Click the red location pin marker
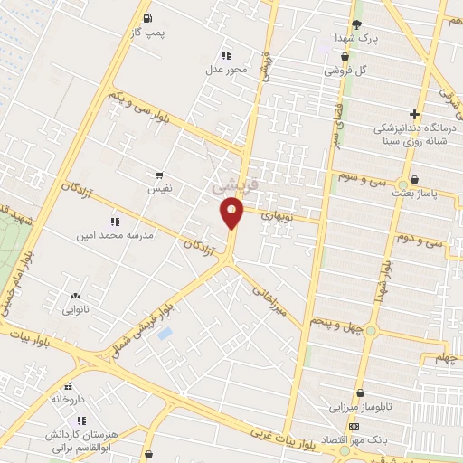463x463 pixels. pyautogui.click(x=232, y=213)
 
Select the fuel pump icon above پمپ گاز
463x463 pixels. pyautogui.click(x=148, y=17)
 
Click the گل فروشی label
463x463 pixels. pyautogui.click(x=349, y=70)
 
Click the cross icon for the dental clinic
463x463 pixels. pyautogui.click(x=414, y=114)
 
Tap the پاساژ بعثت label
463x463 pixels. pyautogui.click(x=414, y=193)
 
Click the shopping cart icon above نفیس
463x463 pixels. pyautogui.click(x=160, y=175)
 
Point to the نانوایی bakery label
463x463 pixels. pyautogui.click(x=74, y=309)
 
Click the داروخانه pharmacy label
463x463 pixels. pyautogui.click(x=67, y=398)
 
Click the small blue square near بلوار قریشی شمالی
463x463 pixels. pyautogui.click(x=165, y=334)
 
